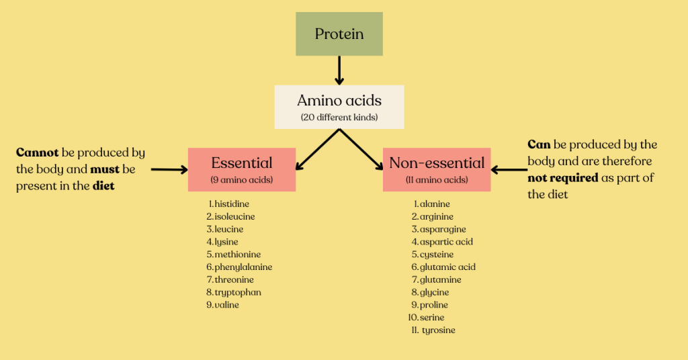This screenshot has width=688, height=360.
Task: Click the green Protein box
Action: point(339,34)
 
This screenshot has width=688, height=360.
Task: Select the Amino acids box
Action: point(339,106)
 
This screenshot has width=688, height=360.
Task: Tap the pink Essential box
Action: point(242,169)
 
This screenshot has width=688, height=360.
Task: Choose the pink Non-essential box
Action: point(437,169)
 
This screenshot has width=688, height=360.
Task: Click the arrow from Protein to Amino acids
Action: point(339,70)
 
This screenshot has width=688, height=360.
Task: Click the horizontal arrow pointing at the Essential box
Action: point(169,170)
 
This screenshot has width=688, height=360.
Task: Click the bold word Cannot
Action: point(37,153)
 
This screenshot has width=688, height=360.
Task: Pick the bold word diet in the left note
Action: point(103,186)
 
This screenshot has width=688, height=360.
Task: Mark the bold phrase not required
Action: point(562,178)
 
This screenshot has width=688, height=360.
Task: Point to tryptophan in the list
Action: point(238,292)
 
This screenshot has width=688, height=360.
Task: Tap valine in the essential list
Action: point(227,305)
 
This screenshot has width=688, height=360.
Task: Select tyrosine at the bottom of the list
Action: point(438,330)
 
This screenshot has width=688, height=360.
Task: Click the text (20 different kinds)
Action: point(339,118)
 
